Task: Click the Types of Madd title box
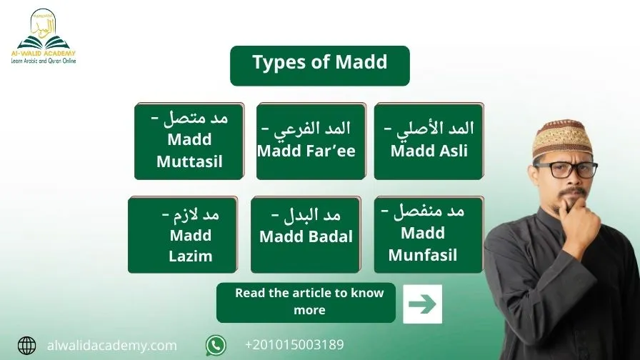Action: (320, 66)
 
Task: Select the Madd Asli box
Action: (429, 141)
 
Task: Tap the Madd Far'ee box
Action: (311, 141)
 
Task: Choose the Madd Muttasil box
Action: (189, 141)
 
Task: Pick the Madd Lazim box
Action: (183, 235)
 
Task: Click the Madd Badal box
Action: (306, 235)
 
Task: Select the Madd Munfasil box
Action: (429, 235)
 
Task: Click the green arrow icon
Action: (422, 304)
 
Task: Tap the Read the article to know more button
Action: (306, 303)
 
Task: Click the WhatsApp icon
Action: (216, 345)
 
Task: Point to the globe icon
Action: (27, 346)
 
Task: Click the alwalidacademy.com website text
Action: (112, 346)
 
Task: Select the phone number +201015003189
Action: (294, 345)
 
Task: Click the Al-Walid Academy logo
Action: (44, 36)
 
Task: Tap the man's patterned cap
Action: (562, 139)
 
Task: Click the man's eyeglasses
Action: (566, 170)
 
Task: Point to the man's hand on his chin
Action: (579, 224)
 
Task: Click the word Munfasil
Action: (423, 255)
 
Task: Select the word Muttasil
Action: (189, 161)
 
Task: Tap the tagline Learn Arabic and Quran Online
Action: (44, 61)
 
